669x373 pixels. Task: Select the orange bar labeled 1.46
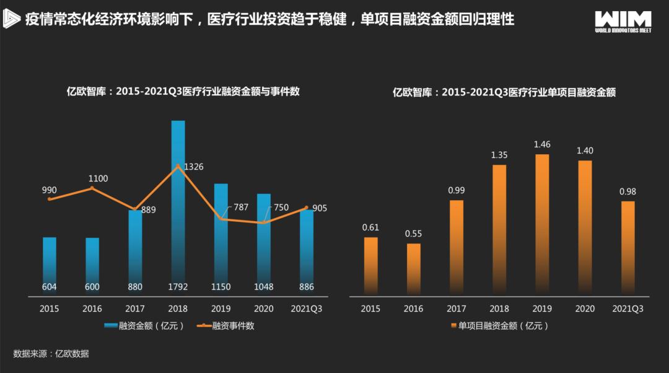(542, 223)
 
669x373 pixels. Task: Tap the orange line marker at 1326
(178, 166)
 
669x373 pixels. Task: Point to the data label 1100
(98, 178)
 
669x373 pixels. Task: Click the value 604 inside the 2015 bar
(50, 287)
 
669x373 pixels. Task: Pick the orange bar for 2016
(414, 269)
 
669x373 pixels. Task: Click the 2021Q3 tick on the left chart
(306, 308)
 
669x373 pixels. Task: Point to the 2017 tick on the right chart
(457, 308)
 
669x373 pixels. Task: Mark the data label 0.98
(627, 191)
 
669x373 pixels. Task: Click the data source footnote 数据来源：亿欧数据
(51, 354)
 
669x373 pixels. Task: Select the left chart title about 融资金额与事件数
(183, 92)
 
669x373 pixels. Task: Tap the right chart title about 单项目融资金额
(504, 92)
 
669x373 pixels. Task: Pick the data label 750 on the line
(281, 208)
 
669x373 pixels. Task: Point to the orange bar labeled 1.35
(499, 229)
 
